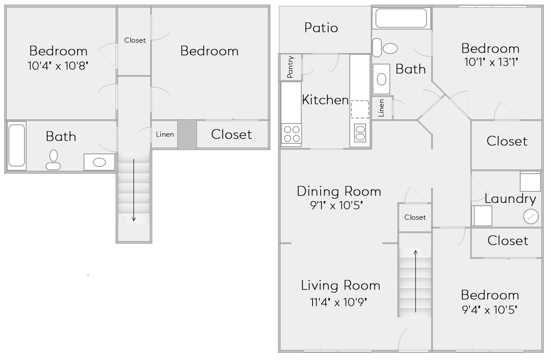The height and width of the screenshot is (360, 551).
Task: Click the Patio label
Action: pos(321,28)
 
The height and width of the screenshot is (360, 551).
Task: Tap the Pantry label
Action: pos(290,67)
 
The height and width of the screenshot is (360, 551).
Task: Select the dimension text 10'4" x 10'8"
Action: pos(58,66)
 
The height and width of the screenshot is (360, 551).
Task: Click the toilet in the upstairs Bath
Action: pos(53,160)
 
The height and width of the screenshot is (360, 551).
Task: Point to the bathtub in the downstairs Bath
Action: pos(401,18)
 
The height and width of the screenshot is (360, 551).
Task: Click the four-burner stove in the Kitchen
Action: pos(291,133)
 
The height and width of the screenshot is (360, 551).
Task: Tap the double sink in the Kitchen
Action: pos(360,133)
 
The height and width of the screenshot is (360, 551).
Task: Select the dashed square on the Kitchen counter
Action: pos(360,109)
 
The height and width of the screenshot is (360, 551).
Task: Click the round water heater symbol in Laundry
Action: pos(530,217)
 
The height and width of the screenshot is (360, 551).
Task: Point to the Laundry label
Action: pos(510,199)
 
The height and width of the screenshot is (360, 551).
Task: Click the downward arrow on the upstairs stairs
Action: pos(134,190)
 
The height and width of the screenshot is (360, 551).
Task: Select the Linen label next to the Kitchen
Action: pos(381,108)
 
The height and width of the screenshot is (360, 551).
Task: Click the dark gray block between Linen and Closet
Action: pos(186,134)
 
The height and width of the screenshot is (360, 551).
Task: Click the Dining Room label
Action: pos(339,191)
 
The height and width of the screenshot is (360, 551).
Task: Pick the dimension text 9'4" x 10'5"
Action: pos(489,310)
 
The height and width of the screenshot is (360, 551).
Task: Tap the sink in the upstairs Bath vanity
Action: pos(99,162)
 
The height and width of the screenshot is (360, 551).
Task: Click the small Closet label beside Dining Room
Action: pos(415,218)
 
